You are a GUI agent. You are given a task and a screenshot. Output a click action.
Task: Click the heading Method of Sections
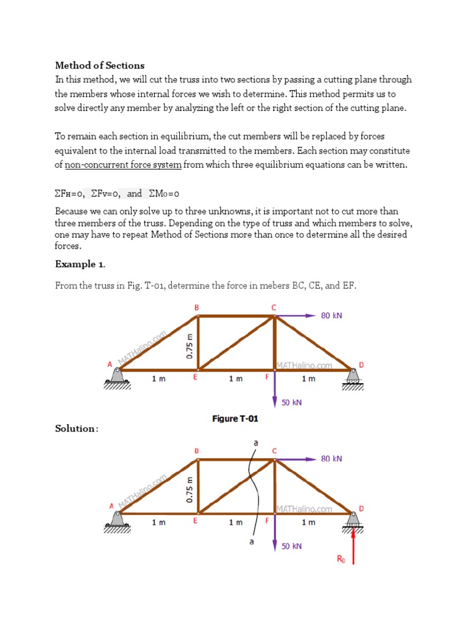tap(100, 65)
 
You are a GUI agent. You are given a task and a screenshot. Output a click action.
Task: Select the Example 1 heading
tap(80, 264)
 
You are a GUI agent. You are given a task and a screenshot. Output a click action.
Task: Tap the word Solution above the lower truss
tap(76, 428)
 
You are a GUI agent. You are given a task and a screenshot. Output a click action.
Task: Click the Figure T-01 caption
tap(235, 419)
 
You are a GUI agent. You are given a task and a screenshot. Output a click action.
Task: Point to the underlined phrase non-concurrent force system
tap(123, 165)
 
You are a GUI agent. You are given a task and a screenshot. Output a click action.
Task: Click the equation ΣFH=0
tap(69, 194)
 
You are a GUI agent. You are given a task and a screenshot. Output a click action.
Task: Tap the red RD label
tap(341, 558)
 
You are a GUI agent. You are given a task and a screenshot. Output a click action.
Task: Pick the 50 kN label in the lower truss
tap(291, 547)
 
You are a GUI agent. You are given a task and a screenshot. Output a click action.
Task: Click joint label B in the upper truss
tap(196, 308)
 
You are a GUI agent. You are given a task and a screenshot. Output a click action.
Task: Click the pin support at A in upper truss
tap(117, 376)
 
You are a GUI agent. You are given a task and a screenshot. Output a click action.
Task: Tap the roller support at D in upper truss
tap(352, 378)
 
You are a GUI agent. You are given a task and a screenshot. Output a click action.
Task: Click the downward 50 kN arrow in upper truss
tap(275, 390)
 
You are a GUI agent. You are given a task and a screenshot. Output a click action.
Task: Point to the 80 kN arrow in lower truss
tap(296, 459)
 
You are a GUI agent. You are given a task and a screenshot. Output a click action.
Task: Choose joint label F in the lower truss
tap(266, 522)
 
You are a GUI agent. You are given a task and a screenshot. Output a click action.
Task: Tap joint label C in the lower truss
tap(274, 450)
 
